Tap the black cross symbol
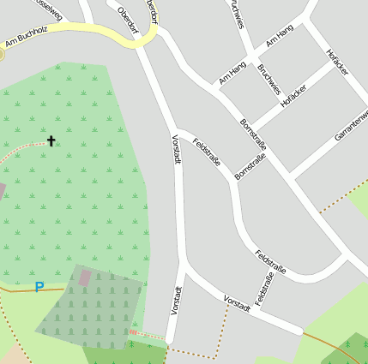pyautogui.click(x=51, y=140)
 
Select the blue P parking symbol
pyautogui.click(x=39, y=288)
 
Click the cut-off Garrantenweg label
pyautogui.click(x=351, y=124)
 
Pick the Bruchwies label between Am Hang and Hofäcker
pyautogui.click(x=268, y=79)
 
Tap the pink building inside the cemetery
pyautogui.click(x=84, y=277)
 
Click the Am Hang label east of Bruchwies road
pyautogui.click(x=280, y=35)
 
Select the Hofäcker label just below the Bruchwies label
pyautogui.click(x=293, y=96)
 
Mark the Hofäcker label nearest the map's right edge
pyautogui.click(x=337, y=63)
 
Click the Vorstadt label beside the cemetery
pyautogui.click(x=176, y=300)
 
